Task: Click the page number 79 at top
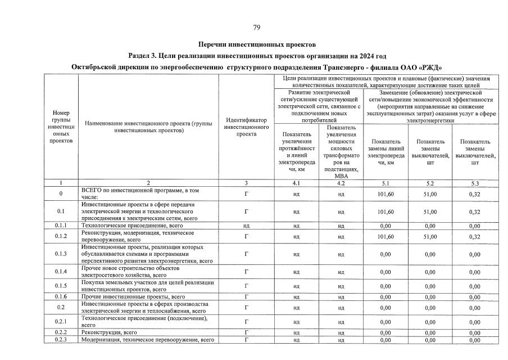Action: [x=256, y=28]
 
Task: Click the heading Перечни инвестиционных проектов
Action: [x=257, y=44]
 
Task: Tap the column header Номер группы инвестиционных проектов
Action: [x=61, y=127]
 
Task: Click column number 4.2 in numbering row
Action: [x=341, y=183]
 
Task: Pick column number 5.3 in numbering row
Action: [x=475, y=183]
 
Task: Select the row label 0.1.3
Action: [x=61, y=254]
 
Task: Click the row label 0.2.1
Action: [x=61, y=322]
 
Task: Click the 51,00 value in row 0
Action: [x=430, y=194]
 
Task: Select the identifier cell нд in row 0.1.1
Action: [x=246, y=226]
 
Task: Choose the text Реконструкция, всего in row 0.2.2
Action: [x=110, y=332]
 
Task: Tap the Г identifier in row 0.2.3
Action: [x=246, y=340]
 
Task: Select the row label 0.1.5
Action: [x=61, y=286]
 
